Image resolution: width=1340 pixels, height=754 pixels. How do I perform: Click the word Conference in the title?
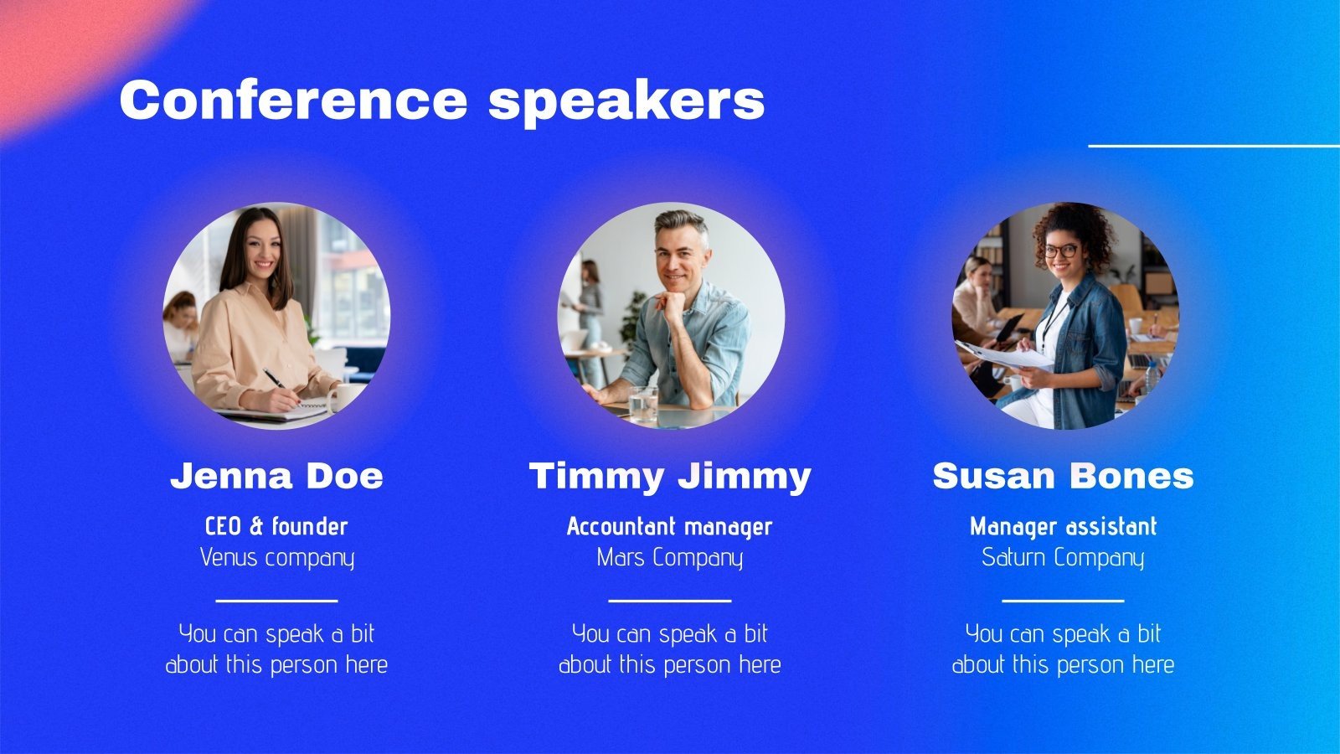(x=293, y=100)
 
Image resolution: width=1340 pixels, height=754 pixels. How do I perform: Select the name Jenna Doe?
(x=276, y=476)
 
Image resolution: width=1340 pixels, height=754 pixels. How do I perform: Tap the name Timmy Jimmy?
(x=670, y=477)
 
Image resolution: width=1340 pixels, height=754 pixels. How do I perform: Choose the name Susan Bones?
(x=1063, y=476)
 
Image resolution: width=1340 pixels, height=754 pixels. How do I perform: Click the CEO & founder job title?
(x=276, y=526)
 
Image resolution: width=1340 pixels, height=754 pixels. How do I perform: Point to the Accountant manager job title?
(x=670, y=526)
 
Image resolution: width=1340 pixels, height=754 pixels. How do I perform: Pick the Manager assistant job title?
(x=1063, y=526)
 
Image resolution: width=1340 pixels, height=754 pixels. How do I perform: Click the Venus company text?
(x=276, y=557)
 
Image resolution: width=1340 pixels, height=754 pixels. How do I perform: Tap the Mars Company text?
(x=670, y=557)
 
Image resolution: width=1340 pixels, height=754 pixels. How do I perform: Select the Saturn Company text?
(x=1063, y=557)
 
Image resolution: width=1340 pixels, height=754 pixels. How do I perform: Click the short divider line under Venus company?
(x=276, y=600)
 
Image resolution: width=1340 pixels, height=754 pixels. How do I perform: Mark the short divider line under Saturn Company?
(x=1063, y=600)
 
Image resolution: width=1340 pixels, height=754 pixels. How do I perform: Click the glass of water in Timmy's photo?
(x=643, y=404)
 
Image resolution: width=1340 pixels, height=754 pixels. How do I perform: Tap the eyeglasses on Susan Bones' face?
(x=1060, y=250)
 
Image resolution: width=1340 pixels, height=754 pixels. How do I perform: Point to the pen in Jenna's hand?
(x=275, y=379)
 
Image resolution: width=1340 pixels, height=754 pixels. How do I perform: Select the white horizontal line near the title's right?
(x=1214, y=146)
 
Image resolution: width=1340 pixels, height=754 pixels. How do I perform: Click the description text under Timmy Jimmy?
(x=670, y=649)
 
